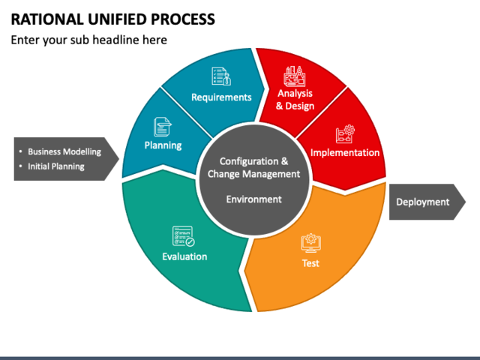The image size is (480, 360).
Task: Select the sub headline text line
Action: point(88,40)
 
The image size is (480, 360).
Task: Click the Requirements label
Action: point(221,97)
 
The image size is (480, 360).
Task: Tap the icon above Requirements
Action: point(220,76)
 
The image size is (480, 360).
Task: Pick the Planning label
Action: point(163,145)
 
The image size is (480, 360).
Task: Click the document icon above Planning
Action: point(163,125)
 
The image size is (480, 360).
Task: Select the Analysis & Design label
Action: point(295,100)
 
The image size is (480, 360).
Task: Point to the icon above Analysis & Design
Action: point(294,76)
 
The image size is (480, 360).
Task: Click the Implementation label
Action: point(345,153)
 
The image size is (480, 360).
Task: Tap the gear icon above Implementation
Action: point(345,133)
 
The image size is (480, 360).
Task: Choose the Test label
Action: point(310,263)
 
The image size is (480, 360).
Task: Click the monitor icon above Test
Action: point(310,242)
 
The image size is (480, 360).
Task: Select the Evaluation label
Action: point(184,257)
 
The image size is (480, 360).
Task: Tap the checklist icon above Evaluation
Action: point(184,236)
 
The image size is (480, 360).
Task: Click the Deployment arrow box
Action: point(423,202)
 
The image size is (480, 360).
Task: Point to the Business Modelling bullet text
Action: point(64,151)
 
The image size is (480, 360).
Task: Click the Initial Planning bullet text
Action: point(56,166)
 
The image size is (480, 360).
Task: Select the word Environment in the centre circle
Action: point(254,199)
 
